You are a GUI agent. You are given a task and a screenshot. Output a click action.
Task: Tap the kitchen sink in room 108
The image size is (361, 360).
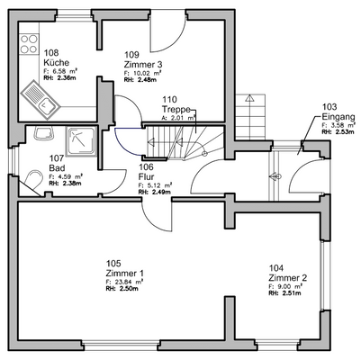pyautogui.click(x=45, y=108)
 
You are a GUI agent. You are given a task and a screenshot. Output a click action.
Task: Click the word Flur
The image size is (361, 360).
pyautogui.click(x=146, y=176)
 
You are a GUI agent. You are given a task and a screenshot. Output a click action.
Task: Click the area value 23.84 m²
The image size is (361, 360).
pyautogui.click(x=131, y=282)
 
